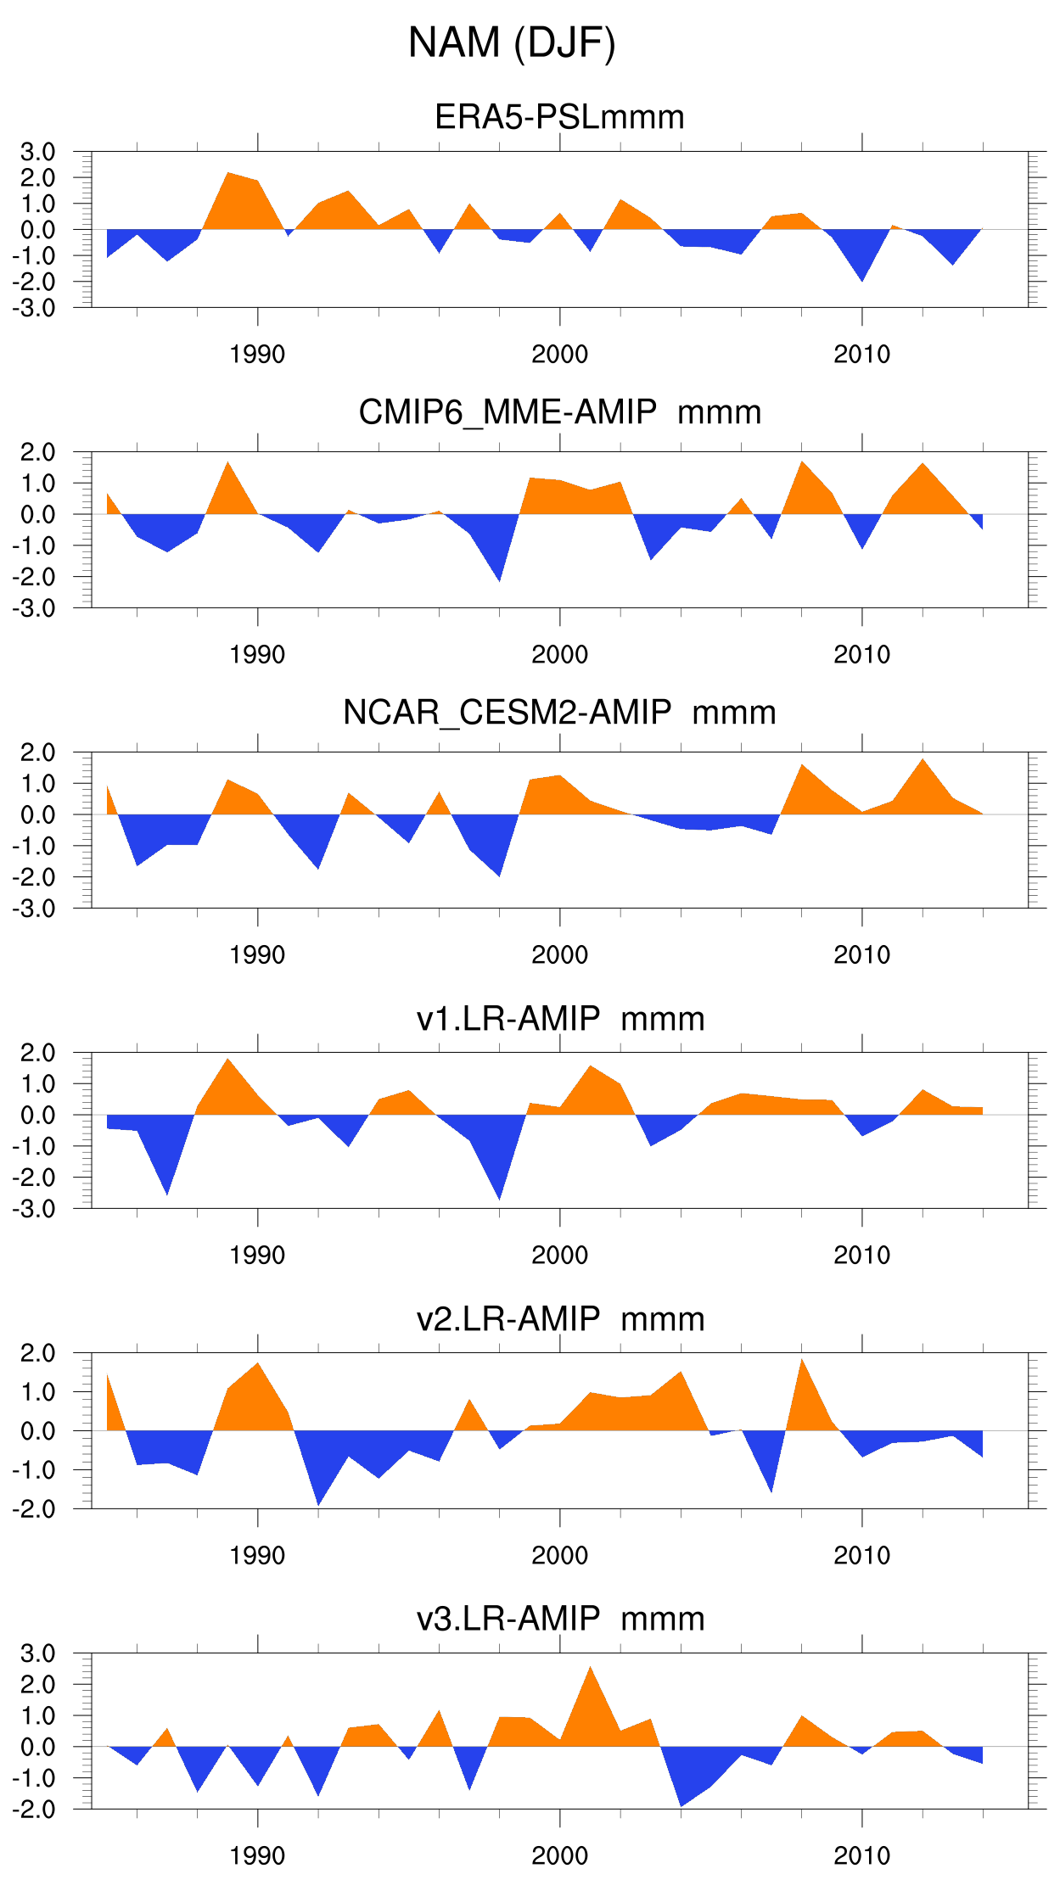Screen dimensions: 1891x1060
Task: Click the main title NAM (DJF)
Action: click(512, 42)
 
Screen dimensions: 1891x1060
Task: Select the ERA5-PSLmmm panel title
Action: click(559, 117)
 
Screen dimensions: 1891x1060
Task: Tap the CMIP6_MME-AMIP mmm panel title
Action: click(559, 412)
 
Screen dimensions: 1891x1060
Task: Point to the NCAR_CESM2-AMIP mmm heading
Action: click(559, 713)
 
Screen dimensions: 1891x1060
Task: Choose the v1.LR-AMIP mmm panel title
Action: click(560, 1018)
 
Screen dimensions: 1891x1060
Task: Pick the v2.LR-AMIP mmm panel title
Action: click(560, 1319)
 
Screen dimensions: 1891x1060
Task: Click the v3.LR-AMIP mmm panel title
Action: click(560, 1619)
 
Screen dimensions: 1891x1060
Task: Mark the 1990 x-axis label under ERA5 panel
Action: click(257, 355)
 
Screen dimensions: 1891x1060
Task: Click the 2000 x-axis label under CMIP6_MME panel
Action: click(559, 655)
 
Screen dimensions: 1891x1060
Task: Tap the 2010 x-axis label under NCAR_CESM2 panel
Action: click(861, 955)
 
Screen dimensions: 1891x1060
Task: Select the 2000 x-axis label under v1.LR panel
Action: click(559, 1256)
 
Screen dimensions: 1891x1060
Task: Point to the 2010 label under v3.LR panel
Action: click(861, 1856)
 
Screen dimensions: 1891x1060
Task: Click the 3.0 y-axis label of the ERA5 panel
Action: click(38, 152)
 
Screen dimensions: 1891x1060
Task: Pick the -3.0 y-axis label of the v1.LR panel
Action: click(34, 1209)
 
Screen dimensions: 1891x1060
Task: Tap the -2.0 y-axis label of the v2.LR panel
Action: click(34, 1509)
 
